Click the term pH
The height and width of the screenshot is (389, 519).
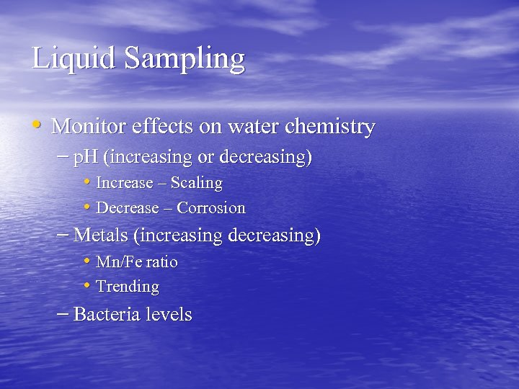tap(86, 157)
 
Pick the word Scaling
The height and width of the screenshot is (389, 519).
tap(196, 183)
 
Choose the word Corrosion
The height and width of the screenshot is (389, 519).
tap(211, 208)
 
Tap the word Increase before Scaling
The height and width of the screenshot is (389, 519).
tap(124, 183)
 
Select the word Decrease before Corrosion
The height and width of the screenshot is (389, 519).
tap(127, 208)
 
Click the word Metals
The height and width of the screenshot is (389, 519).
tap(102, 235)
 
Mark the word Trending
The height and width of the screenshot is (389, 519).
tap(128, 287)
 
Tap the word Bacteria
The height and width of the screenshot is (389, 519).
tap(107, 314)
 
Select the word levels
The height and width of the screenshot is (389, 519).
tap(169, 314)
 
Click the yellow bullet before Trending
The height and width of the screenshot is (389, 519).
tap(86, 286)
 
